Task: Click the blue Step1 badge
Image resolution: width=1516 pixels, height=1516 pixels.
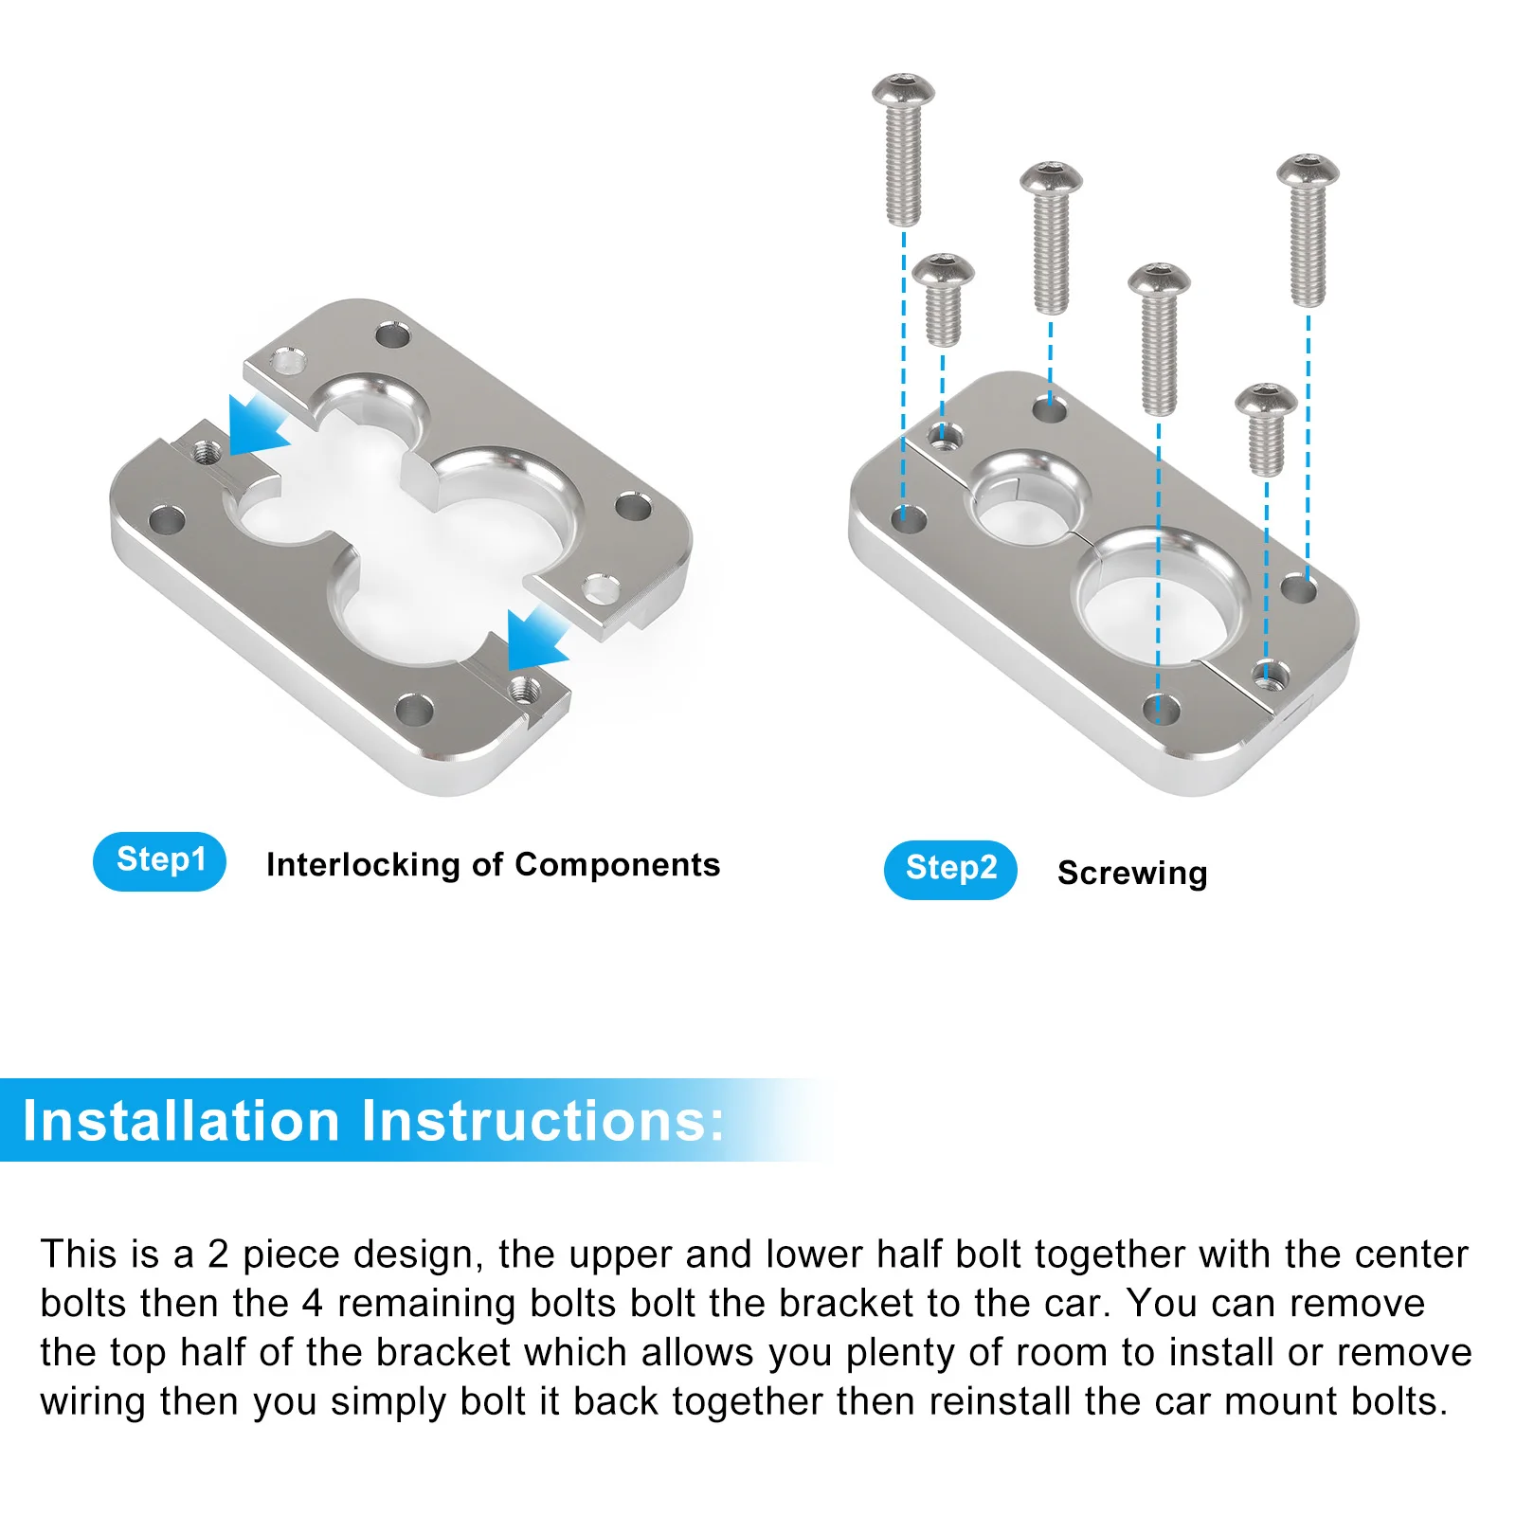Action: point(159,861)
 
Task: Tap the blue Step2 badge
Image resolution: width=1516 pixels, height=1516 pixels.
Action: point(950,870)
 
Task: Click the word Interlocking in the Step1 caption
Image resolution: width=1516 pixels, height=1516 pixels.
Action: point(363,865)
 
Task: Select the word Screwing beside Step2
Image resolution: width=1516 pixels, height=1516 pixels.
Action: point(1132,873)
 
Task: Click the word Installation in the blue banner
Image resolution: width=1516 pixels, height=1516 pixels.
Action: point(181,1121)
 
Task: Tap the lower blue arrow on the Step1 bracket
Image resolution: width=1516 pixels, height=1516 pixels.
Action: point(534,638)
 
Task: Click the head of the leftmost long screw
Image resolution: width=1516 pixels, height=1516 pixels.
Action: point(903,90)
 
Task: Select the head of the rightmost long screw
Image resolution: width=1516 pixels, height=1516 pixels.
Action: point(1308,171)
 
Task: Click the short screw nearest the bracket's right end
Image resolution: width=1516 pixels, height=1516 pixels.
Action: point(1266,428)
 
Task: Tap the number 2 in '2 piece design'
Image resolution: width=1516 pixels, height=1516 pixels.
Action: point(218,1254)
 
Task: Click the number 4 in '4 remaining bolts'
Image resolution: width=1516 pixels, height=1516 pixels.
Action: point(313,1304)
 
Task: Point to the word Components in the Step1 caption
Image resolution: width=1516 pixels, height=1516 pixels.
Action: point(618,865)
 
